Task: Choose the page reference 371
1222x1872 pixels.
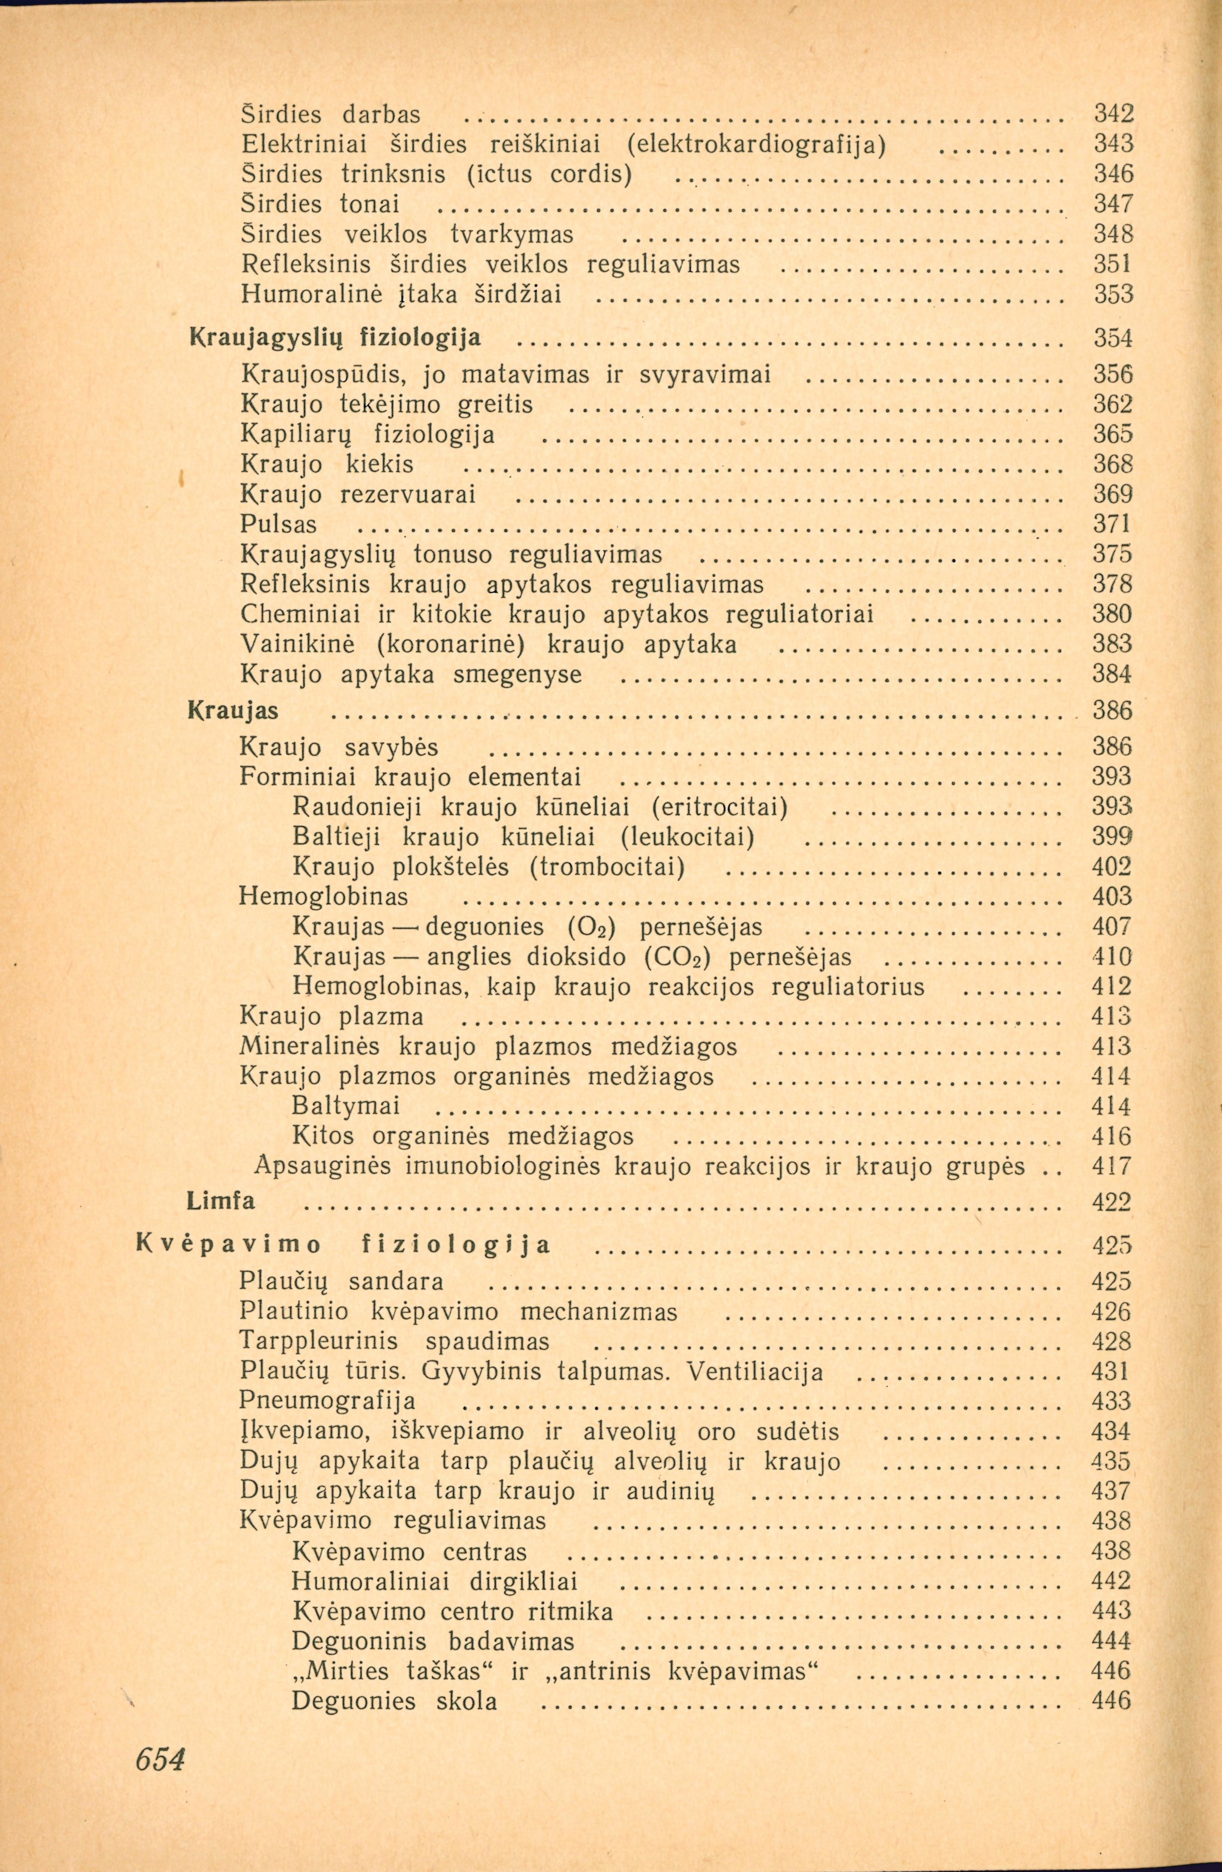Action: click(1112, 525)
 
